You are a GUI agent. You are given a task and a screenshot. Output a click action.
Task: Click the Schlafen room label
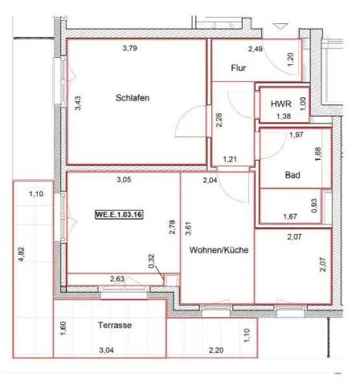133,98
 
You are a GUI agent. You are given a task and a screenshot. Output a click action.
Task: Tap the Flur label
239,68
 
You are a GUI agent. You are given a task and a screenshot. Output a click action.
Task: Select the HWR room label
281,104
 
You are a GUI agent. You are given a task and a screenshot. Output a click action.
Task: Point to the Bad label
292,175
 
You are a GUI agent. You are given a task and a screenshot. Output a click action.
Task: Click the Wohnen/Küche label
219,250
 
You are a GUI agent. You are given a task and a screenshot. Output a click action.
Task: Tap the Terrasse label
115,325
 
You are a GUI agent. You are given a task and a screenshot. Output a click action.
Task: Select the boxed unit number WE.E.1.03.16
119,215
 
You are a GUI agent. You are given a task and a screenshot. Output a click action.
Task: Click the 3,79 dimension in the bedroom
130,48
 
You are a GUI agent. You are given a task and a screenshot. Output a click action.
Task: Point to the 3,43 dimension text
78,103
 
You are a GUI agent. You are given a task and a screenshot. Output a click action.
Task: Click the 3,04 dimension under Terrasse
106,350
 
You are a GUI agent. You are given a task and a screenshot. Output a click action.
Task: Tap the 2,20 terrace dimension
216,350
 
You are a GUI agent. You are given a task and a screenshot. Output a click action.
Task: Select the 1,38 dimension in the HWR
284,117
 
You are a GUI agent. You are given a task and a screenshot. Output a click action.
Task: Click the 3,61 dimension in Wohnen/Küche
189,228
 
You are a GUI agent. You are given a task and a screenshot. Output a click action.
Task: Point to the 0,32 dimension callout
151,261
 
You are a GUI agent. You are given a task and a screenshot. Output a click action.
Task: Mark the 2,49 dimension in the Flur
256,49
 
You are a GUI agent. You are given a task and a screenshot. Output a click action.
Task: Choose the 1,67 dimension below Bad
290,216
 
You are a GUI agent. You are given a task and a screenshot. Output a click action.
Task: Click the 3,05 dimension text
124,179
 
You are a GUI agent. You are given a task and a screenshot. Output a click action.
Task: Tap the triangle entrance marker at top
280,27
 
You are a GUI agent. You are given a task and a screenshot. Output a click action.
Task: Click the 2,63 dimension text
117,279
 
